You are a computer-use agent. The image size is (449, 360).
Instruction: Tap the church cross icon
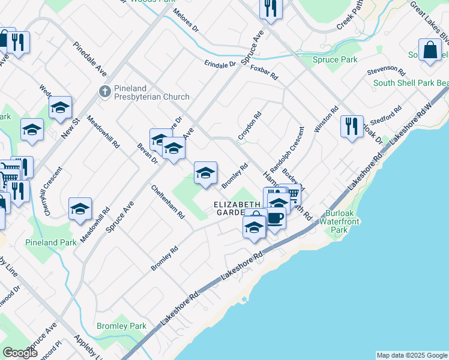104,92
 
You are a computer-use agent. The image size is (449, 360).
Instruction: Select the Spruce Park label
336,60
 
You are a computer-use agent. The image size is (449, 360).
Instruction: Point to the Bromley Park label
121,326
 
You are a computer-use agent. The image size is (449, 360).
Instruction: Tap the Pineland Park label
51,243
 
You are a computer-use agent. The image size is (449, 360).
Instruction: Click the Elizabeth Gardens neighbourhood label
238,208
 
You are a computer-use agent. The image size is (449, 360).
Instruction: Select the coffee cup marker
276,218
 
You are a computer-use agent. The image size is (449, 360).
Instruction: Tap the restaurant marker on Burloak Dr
351,127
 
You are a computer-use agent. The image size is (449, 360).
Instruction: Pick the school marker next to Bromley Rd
205,173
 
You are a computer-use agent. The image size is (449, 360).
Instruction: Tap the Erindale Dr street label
220,64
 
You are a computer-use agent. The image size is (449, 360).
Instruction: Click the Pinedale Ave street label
90,59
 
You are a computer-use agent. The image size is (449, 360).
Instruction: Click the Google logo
20,353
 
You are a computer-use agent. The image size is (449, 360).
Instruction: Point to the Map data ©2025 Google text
412,355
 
